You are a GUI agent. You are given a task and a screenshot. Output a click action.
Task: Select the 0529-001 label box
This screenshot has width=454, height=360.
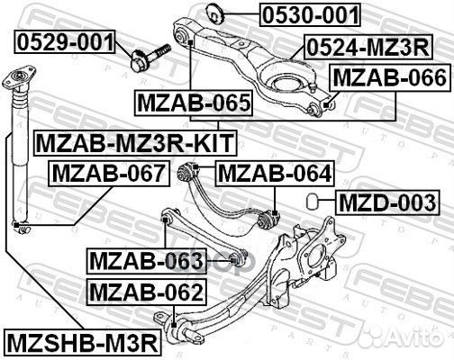(65, 41)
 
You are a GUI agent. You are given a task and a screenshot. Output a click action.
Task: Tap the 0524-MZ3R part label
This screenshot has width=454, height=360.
(367, 47)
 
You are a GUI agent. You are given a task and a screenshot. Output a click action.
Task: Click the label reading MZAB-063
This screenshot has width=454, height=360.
(147, 261)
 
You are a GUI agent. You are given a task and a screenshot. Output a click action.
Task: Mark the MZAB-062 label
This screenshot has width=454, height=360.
(145, 291)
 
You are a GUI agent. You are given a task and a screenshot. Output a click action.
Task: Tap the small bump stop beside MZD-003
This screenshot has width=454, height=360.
(311, 199)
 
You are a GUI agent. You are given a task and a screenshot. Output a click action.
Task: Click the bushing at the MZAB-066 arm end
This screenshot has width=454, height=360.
(315, 108)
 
